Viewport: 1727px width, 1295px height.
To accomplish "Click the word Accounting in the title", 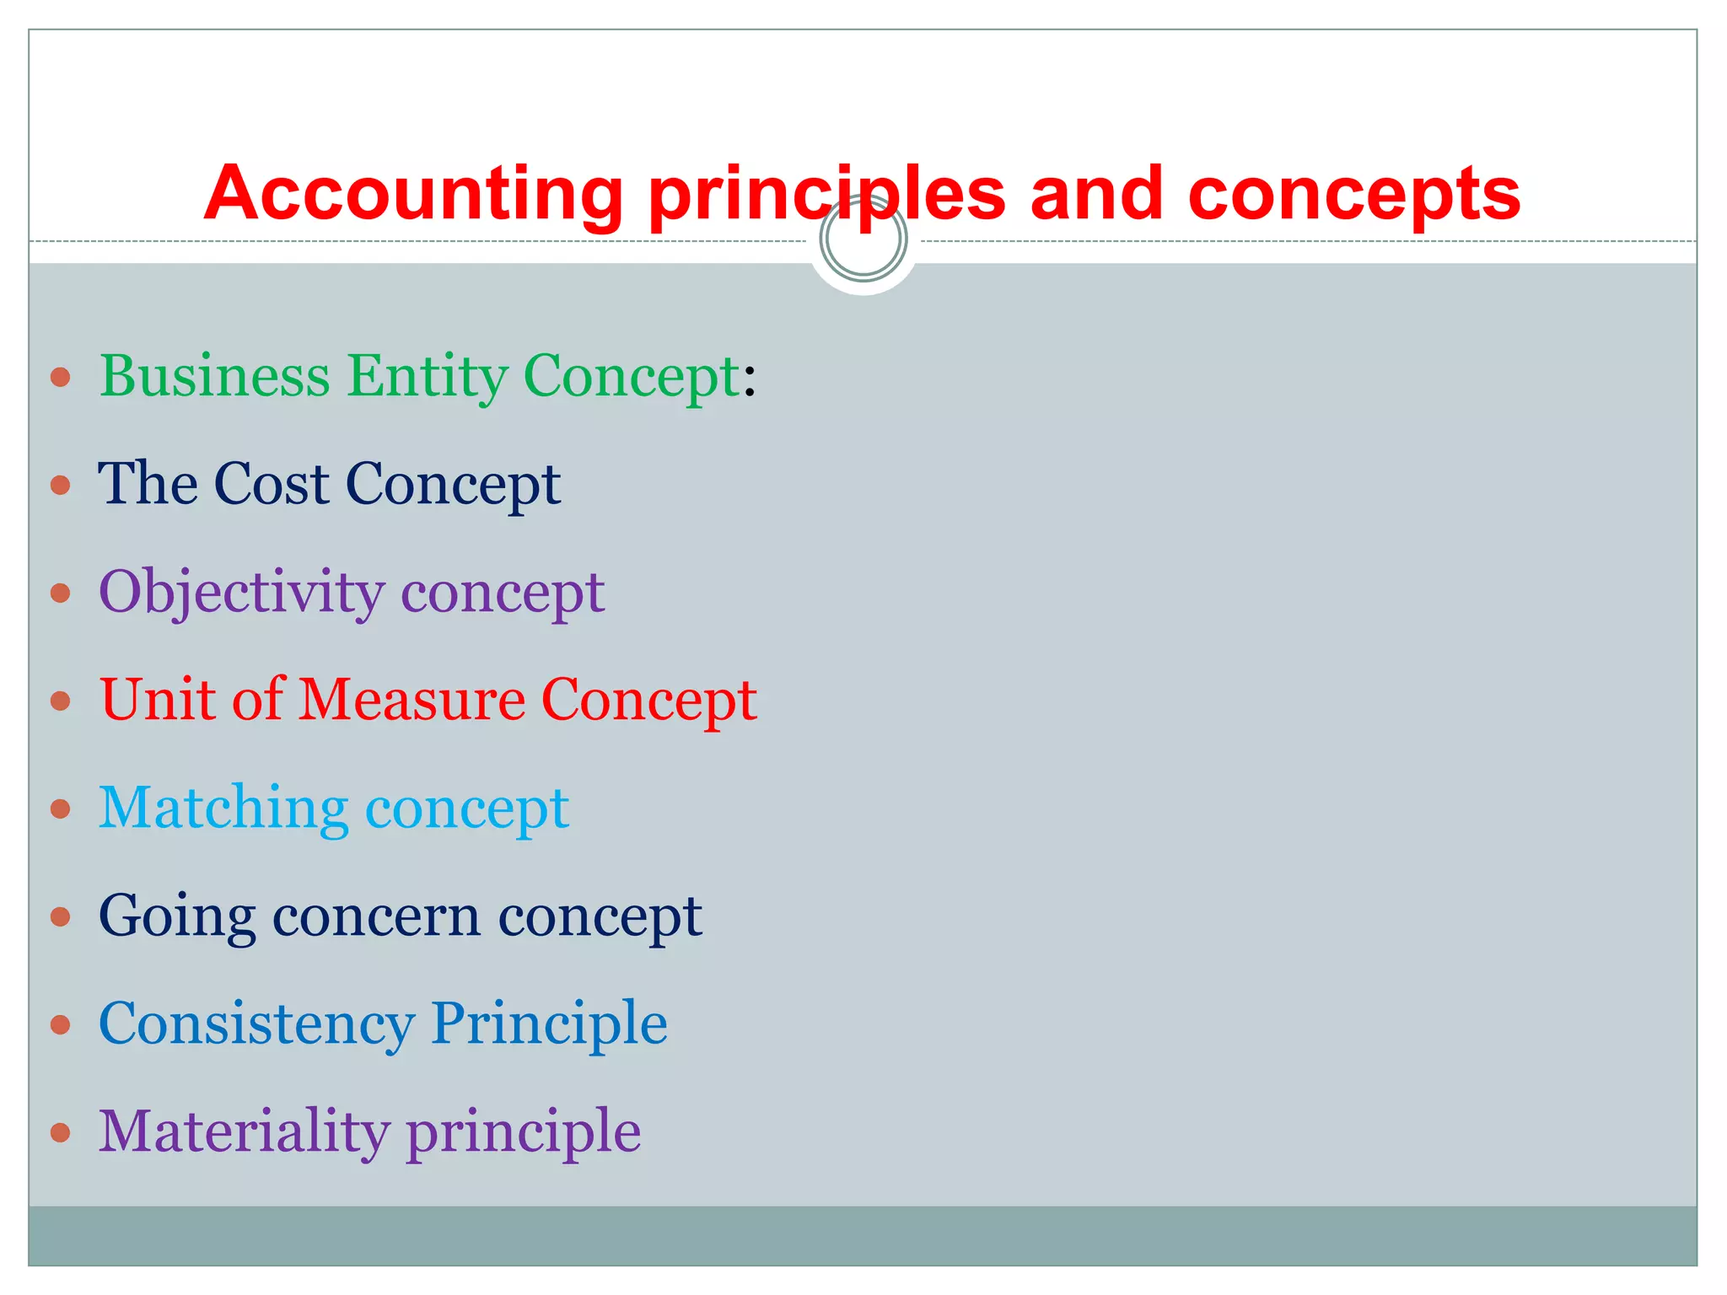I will pos(413,196).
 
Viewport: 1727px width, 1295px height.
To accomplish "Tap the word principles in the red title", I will pos(826,196).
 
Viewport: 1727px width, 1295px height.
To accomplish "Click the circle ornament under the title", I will pos(863,239).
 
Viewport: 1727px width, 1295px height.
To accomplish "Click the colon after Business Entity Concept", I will pos(750,378).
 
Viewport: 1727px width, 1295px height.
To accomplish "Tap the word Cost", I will pos(272,484).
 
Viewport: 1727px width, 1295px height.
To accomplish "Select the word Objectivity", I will pos(241,593).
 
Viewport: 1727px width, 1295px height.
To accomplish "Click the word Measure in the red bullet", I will pos(412,700).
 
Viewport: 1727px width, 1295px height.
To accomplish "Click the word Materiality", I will pos(244,1132).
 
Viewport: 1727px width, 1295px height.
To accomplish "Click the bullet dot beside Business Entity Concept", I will pos(60,377).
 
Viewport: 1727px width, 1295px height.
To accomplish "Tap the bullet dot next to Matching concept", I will pos(60,809).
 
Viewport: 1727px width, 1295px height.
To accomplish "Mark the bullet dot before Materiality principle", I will pos(60,1132).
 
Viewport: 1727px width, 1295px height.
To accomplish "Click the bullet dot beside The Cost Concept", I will pos(60,485).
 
